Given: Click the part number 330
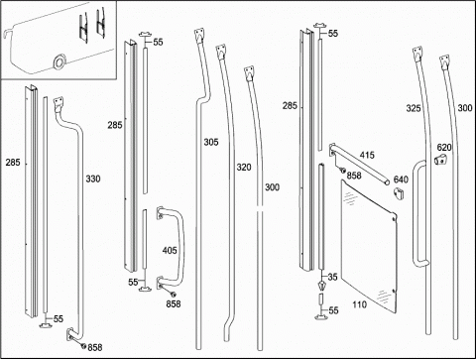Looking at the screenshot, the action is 93,179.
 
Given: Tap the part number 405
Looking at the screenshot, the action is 170,251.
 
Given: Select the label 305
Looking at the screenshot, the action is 211,142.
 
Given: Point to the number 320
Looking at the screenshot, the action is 244,168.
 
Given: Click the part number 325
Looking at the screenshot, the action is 414,108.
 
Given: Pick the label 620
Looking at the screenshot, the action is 444,148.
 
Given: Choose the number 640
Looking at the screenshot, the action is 401,180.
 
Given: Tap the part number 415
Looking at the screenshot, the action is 367,155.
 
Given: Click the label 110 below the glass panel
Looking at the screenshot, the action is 359,304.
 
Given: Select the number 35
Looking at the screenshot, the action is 333,277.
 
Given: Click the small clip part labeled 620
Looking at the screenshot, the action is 440,160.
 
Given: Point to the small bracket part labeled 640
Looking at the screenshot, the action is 399,193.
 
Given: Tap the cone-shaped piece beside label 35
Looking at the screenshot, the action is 321,285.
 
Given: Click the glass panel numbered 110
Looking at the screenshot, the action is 369,246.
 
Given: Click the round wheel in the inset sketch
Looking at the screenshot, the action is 59,61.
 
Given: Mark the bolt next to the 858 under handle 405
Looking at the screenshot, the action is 173,294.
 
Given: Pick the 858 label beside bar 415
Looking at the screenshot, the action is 354,176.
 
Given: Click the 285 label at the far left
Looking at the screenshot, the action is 13,163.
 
